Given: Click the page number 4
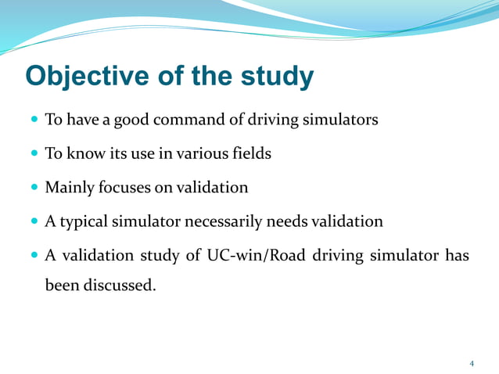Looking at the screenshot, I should coord(472,363).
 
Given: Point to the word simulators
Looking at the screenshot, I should coord(340,120).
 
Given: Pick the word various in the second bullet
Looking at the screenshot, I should coord(202,153).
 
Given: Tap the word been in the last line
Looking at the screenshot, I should coord(61,286).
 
